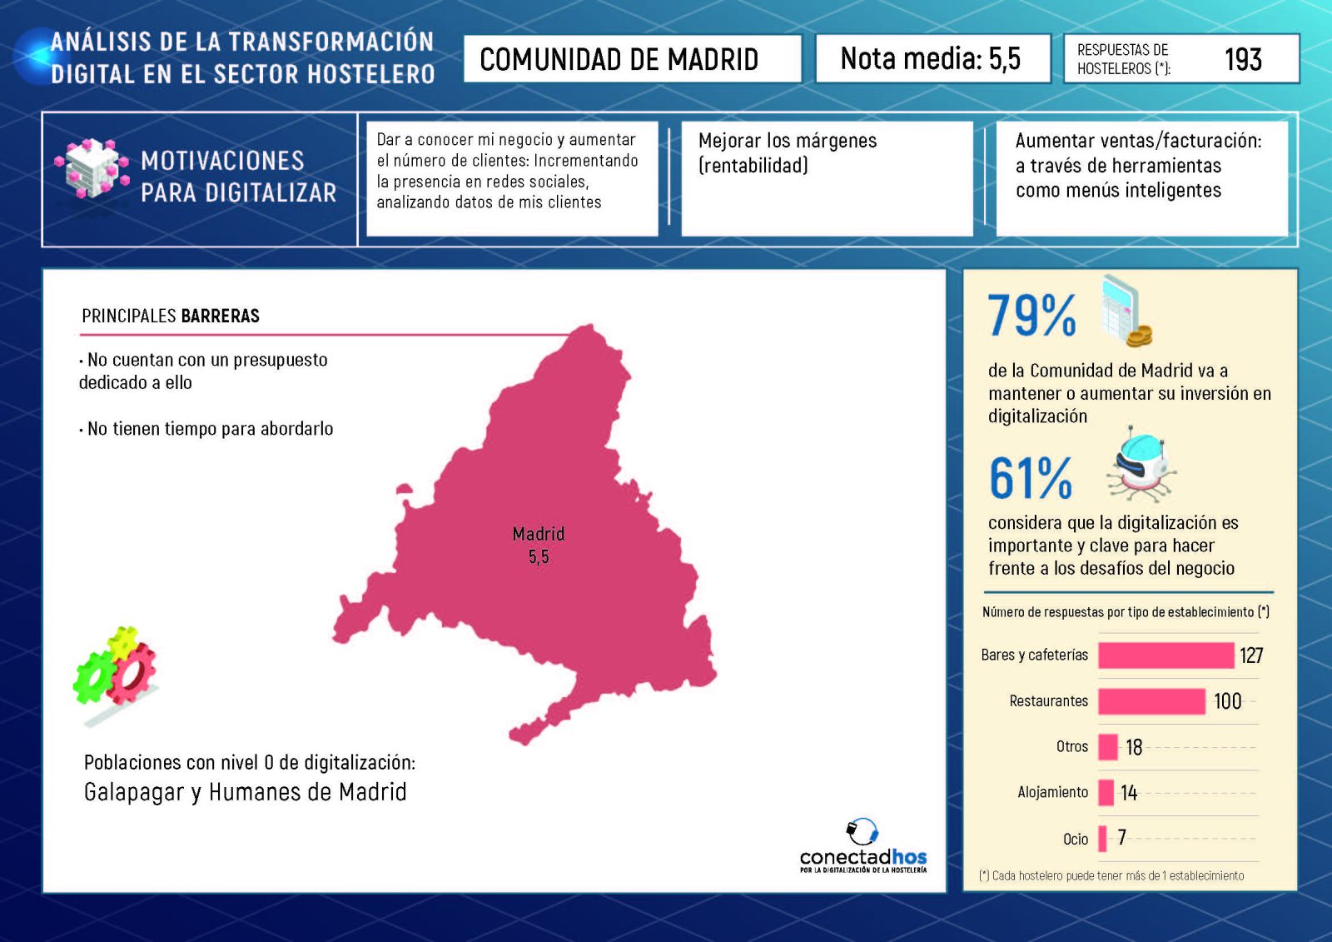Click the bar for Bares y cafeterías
(1165, 655)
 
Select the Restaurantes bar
(1151, 701)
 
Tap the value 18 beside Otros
(1134, 747)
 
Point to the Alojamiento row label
(1052, 792)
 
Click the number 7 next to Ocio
(1122, 837)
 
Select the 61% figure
(1031, 478)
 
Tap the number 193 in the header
(1243, 59)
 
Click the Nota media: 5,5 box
(932, 58)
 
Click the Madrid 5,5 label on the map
(539, 546)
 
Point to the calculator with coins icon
(1126, 312)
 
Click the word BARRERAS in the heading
(220, 316)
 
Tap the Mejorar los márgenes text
(787, 152)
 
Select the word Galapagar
(133, 792)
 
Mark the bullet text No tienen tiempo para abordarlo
(210, 429)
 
